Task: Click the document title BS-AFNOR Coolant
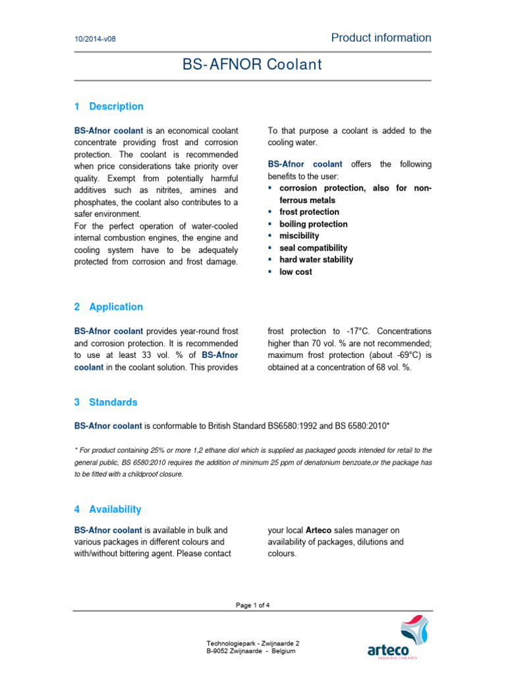pos(252,65)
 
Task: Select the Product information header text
pos(381,38)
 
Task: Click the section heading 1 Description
pos(109,106)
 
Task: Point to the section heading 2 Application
pos(109,307)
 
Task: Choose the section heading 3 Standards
pos(106,402)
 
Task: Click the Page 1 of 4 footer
pos(252,604)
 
